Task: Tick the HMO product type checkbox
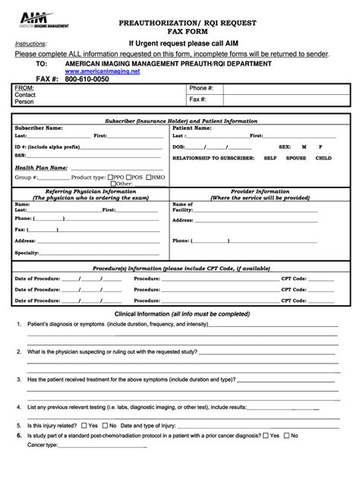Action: [151, 177]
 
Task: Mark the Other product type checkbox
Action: [113, 184]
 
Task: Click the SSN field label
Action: [21, 155]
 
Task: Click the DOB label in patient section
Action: [179, 146]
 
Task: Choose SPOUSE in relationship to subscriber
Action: [296, 158]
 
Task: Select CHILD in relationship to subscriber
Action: [323, 158]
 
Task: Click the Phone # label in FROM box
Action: [201, 89]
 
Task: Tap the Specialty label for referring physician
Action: [27, 252]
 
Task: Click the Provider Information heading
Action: [260, 192]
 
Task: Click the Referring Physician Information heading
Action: [89, 192]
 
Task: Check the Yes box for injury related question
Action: [86, 426]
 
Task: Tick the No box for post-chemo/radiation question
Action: [288, 436]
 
